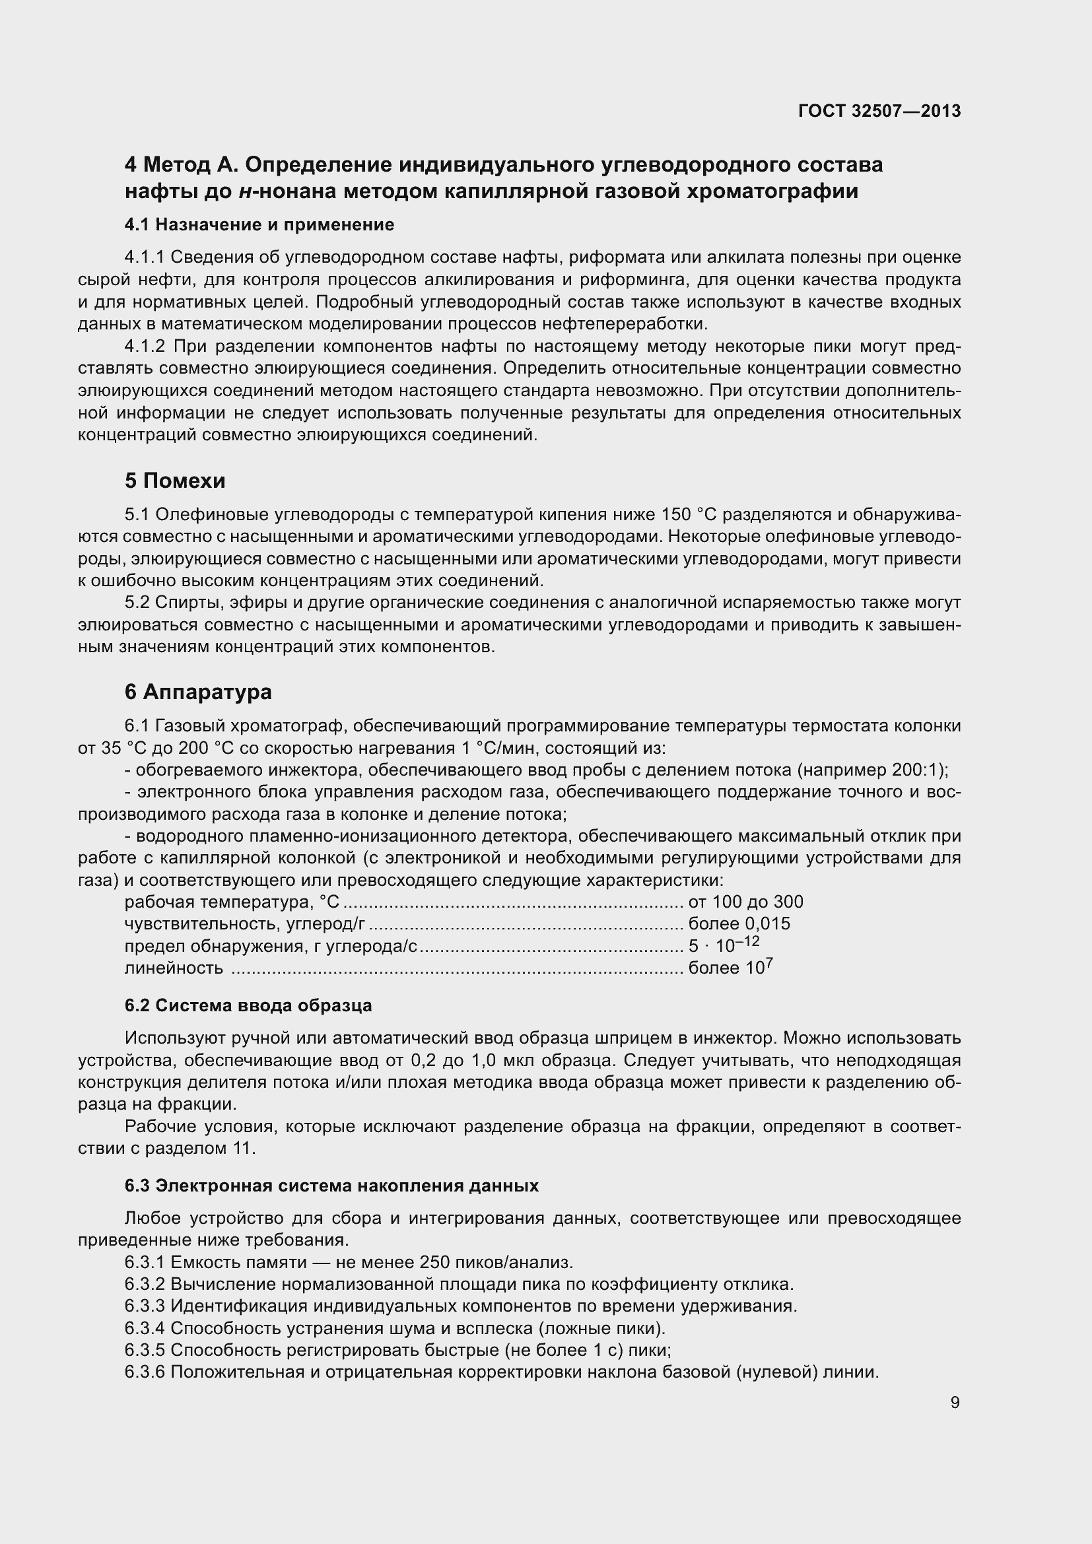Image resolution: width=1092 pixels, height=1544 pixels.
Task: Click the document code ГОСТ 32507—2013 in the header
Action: [879, 111]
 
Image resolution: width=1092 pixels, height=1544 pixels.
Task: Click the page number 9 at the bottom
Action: [955, 1403]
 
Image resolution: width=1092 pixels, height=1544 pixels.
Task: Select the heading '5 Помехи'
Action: [175, 481]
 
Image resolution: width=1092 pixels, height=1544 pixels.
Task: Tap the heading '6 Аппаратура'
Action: [198, 691]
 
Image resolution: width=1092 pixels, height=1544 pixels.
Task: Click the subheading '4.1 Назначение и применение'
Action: [259, 224]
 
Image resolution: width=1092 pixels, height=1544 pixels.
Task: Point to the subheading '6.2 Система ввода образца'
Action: [248, 1005]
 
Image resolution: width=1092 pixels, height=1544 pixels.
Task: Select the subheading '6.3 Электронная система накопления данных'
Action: [331, 1186]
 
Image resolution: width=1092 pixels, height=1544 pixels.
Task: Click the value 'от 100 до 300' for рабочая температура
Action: [745, 902]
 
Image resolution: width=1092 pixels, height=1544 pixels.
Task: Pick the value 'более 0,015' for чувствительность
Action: [739, 924]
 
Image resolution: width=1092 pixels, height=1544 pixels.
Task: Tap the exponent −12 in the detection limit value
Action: [747, 941]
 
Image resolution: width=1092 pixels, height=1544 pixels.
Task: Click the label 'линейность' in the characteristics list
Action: [174, 968]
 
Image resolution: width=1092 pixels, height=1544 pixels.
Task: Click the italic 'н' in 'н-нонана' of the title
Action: [246, 191]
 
